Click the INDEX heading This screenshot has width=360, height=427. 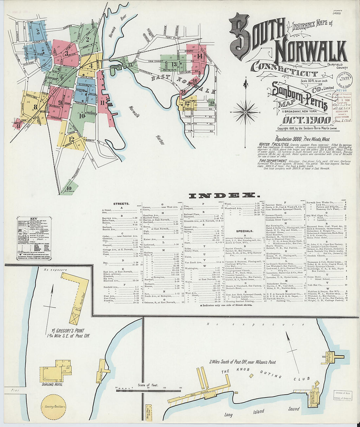click(x=222, y=196)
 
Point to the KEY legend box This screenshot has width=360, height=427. click(x=33, y=238)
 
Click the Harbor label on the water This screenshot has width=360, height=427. click(x=160, y=139)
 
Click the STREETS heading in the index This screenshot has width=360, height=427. click(x=121, y=204)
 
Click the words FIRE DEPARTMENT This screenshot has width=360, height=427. click(x=272, y=161)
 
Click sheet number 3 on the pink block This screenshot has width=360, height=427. click(x=66, y=53)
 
